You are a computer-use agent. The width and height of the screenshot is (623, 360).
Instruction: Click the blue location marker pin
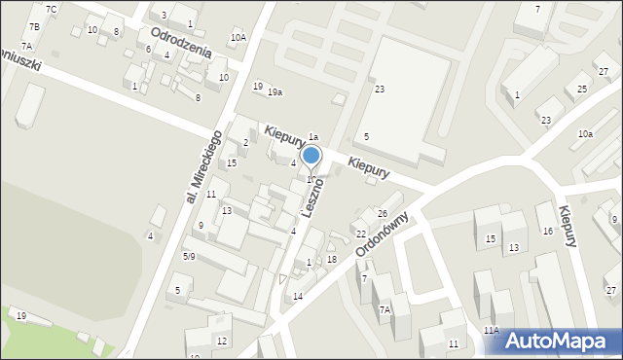(x=311, y=156)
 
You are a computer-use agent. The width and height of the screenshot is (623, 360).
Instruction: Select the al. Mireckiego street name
(x=204, y=167)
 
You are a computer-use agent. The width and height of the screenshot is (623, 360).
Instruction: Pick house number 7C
(x=52, y=10)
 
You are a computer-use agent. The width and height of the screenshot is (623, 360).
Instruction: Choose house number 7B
(x=34, y=26)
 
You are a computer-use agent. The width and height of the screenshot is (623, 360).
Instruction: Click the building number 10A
(x=238, y=38)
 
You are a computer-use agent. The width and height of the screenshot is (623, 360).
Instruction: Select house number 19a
(x=275, y=92)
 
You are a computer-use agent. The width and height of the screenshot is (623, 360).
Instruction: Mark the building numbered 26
(x=383, y=214)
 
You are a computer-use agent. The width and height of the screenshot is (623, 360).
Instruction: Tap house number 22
(x=360, y=234)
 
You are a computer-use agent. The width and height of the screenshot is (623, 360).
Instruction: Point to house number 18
(x=332, y=258)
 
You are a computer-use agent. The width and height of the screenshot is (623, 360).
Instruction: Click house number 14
(x=298, y=296)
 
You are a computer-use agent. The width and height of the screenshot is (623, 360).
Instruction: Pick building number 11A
(x=492, y=331)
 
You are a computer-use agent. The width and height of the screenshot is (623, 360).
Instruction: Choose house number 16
(x=548, y=232)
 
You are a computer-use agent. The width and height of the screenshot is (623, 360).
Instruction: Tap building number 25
(x=582, y=90)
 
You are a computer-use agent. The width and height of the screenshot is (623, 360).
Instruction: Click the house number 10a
(x=584, y=133)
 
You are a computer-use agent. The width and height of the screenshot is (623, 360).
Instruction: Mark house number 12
(x=222, y=341)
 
